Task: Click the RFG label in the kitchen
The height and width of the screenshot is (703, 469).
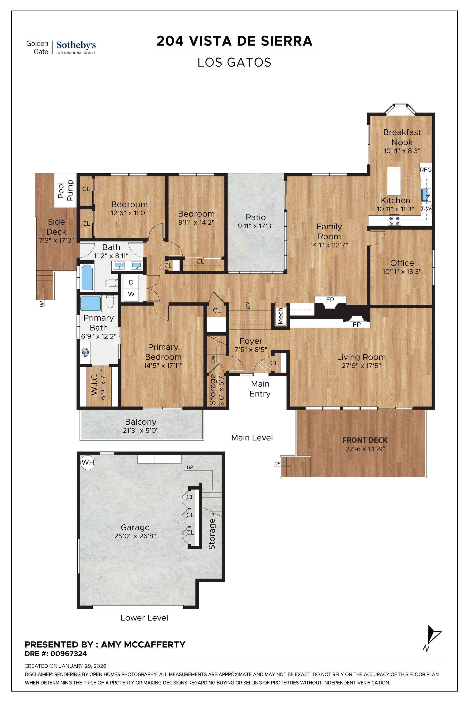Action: click(425, 170)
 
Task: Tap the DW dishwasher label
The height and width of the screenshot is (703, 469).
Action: click(426, 208)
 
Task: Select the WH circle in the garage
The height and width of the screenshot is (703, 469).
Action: click(88, 462)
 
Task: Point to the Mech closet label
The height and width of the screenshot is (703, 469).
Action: click(280, 316)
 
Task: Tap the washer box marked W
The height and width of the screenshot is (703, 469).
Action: click(131, 294)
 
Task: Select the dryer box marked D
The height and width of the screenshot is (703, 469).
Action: click(131, 282)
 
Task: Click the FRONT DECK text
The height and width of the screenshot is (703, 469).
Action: click(365, 440)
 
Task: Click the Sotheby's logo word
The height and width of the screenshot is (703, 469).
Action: click(76, 45)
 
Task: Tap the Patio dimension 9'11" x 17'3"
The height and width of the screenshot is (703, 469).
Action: click(256, 226)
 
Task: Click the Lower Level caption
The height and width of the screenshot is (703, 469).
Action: click(144, 618)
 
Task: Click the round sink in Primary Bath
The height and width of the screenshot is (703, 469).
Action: click(85, 352)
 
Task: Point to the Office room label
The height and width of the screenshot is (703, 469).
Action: click(402, 263)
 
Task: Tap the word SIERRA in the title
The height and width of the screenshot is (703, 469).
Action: click(286, 41)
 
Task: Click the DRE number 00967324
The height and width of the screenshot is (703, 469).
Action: click(68, 654)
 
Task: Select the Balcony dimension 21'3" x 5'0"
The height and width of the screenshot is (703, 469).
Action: click(140, 430)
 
